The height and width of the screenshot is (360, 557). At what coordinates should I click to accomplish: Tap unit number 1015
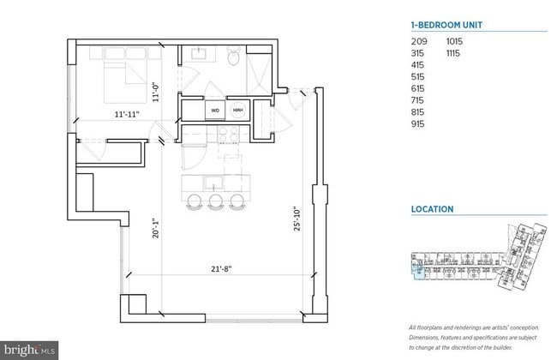click(455, 40)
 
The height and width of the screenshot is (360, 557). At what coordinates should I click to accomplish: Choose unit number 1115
click(455, 52)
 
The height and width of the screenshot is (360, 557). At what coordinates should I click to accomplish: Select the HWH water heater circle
click(237, 110)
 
